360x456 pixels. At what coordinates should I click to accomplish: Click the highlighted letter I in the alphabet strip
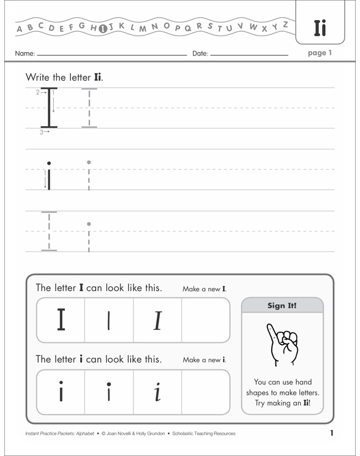pyautogui.click(x=103, y=27)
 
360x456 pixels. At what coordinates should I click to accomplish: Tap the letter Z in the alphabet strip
pyautogui.click(x=285, y=24)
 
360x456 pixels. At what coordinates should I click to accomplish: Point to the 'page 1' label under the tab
pyautogui.click(x=320, y=53)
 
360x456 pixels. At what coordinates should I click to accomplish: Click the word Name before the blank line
pyautogui.click(x=24, y=54)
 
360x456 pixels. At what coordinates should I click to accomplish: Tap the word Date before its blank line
pyautogui.click(x=200, y=54)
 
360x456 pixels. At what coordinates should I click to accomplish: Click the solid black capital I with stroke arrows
pyautogui.click(x=48, y=108)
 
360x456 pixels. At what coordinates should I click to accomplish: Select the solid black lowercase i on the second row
pyautogui.click(x=49, y=176)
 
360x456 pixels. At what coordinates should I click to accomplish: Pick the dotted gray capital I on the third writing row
pyautogui.click(x=49, y=231)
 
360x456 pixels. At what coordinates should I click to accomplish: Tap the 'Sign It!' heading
pyautogui.click(x=282, y=305)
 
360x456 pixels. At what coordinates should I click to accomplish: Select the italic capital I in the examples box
pyautogui.click(x=157, y=320)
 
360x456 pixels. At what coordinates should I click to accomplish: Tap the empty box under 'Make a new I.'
pyautogui.click(x=206, y=320)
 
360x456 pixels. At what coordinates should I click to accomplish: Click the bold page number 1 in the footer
pyautogui.click(x=331, y=433)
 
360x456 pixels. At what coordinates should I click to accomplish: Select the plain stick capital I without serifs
pyautogui.click(x=108, y=320)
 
